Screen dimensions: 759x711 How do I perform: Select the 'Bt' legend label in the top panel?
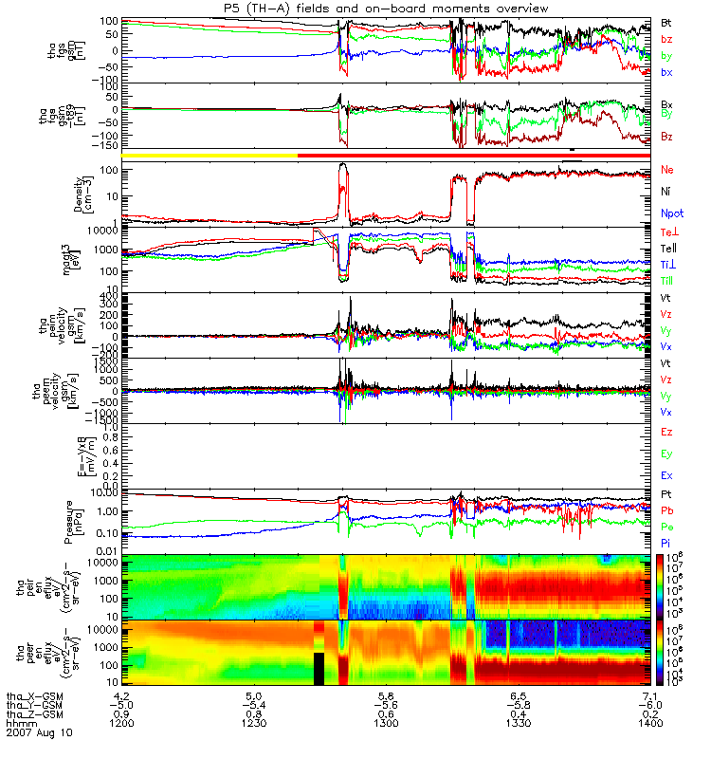(666, 22)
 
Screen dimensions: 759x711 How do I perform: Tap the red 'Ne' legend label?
(667, 170)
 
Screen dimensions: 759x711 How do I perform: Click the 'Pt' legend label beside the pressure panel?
(666, 495)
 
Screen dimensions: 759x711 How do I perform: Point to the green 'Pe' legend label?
(666, 525)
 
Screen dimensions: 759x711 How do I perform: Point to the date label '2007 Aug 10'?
(38, 732)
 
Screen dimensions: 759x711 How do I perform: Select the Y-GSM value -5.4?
(254, 705)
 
